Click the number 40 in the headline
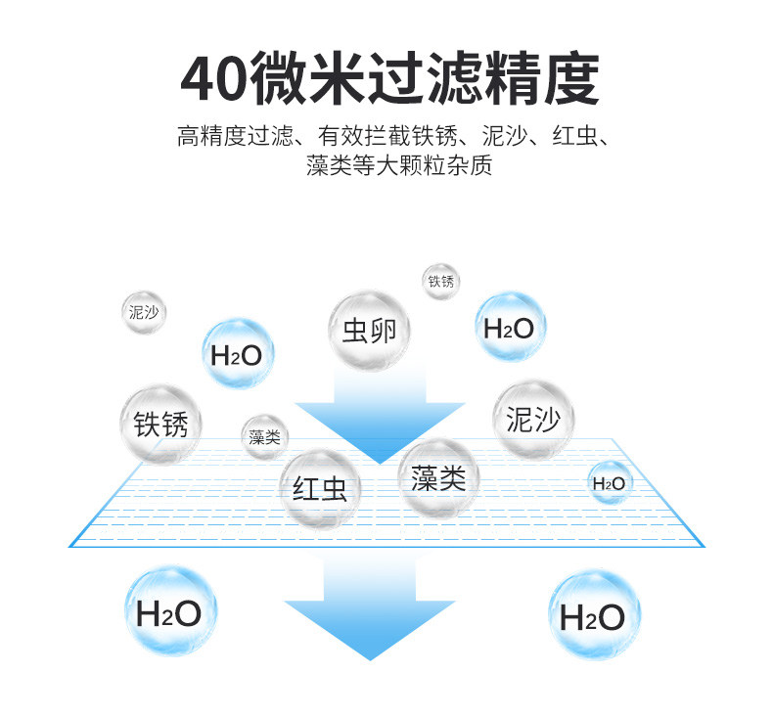(x=214, y=79)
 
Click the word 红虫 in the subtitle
(x=574, y=136)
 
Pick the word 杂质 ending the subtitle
(x=469, y=165)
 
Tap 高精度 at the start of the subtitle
(x=211, y=136)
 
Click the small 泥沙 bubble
(x=144, y=312)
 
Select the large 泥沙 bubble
(x=533, y=420)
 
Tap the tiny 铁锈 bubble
(x=440, y=282)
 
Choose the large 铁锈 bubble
(x=160, y=424)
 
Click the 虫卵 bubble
(x=369, y=331)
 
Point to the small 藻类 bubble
(x=265, y=437)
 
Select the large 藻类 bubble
(x=438, y=477)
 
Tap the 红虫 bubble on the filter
(x=320, y=488)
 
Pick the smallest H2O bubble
(x=610, y=483)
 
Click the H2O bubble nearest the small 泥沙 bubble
(x=238, y=354)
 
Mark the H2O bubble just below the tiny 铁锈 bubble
(x=510, y=327)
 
